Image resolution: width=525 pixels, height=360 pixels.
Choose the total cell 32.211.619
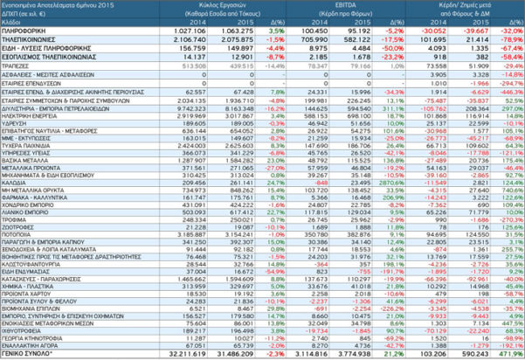point(185,354)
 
